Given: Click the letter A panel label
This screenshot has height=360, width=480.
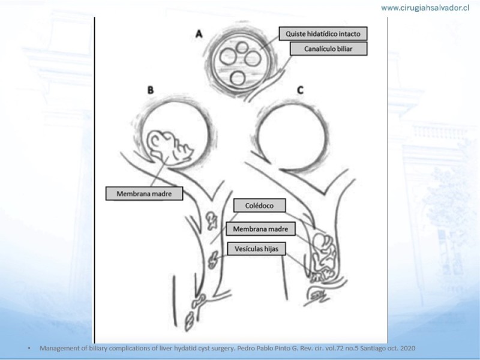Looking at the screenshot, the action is coord(199,34).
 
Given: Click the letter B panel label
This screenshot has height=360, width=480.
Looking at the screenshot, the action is coord(151,90).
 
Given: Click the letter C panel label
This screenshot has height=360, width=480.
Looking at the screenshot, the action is coord(301,90).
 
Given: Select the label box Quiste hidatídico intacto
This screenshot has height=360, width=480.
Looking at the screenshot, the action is coord(323,34).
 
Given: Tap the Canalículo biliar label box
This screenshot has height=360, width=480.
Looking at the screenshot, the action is coord(328,49).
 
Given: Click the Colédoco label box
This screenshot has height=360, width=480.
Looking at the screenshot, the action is coord(260,205).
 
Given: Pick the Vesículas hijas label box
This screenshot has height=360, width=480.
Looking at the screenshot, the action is coord(257,248).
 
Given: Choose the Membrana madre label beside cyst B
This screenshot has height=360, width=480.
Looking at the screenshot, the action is coord(144,193).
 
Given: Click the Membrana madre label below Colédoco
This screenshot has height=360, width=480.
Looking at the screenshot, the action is coord(261,229).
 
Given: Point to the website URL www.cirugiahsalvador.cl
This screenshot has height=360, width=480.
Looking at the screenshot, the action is coord(425,8).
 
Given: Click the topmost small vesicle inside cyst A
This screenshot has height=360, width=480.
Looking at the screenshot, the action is coord(242,47).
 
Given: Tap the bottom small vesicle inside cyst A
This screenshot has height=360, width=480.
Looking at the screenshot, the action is coord(238,78).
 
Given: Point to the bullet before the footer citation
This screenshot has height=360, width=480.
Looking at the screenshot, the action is coord(29,348).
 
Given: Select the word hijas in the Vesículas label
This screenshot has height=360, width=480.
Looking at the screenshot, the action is coord(271,249).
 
